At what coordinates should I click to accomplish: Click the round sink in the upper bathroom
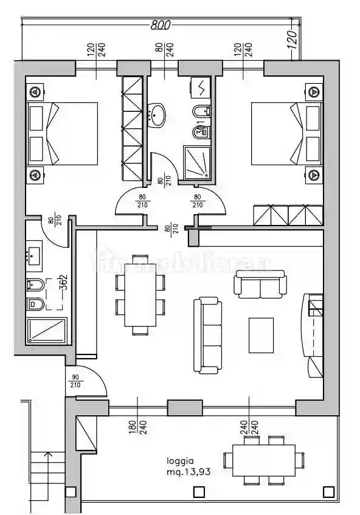(159, 115)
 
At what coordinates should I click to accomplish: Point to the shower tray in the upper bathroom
(196, 161)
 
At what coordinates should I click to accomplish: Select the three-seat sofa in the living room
(207, 334)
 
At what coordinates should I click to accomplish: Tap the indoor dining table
(140, 295)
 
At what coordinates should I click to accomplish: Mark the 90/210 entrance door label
(76, 382)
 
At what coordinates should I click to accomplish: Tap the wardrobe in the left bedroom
(132, 128)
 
